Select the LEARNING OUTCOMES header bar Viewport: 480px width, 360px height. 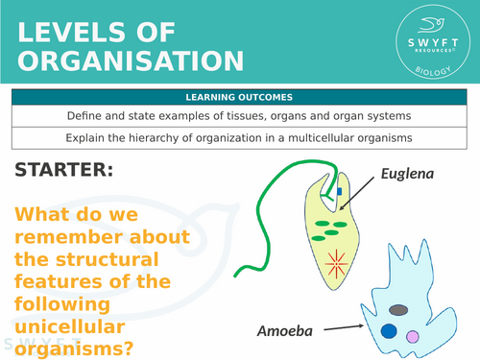point(239,97)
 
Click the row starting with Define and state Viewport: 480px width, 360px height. point(239,116)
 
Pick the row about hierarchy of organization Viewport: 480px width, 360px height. point(239,137)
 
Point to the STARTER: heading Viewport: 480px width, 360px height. point(64,171)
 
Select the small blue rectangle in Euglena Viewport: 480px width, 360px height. point(339,198)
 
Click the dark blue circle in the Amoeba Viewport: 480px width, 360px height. point(389,331)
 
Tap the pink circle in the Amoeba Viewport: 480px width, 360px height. point(413,337)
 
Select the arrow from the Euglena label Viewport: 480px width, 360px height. point(369,188)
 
